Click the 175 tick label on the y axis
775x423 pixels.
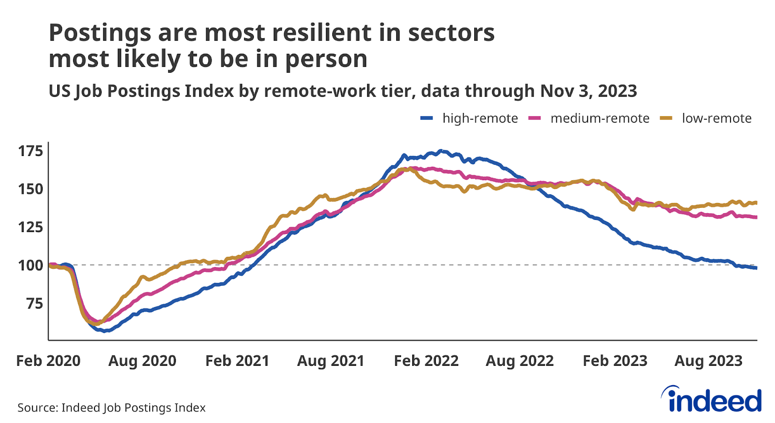[x=31, y=151]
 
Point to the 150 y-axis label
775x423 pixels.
[x=31, y=189]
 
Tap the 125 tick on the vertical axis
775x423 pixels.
[x=31, y=227]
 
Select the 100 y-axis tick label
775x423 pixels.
[x=31, y=265]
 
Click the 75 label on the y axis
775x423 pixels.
[x=34, y=303]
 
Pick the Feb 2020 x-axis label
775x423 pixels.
[x=48, y=361]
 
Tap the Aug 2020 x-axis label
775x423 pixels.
[x=142, y=361]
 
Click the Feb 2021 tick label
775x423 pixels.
[x=237, y=361]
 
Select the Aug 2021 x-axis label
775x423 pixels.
[x=331, y=361]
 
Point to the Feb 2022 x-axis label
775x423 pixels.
[x=426, y=361]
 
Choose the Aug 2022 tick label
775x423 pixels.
[x=520, y=361]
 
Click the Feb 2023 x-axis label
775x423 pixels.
[x=615, y=361]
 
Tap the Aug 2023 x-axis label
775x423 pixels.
[x=709, y=361]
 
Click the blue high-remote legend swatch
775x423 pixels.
[x=426, y=118]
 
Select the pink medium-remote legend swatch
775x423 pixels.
[x=534, y=118]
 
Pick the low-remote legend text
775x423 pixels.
[x=716, y=118]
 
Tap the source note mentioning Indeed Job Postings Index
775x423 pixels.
[x=111, y=407]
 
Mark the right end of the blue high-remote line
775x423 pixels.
[x=756, y=268]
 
